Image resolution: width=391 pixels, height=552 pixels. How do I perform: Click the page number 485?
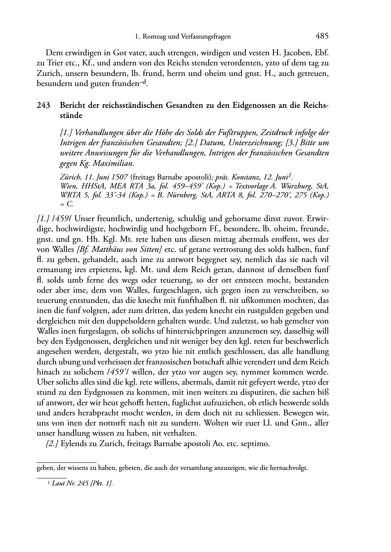(x=322, y=36)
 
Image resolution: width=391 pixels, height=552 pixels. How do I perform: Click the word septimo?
(x=255, y=443)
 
